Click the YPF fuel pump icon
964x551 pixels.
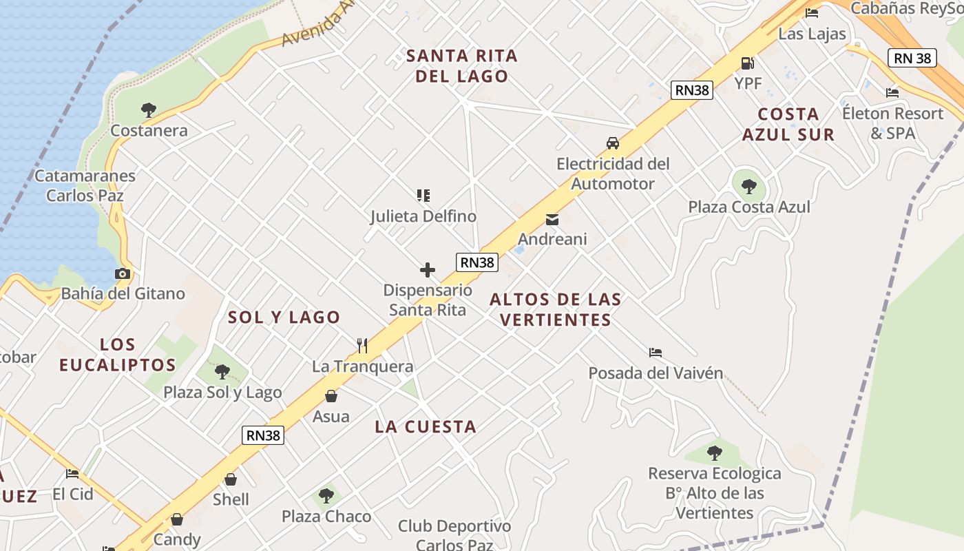pos(747,63)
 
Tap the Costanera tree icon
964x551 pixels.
pos(148,110)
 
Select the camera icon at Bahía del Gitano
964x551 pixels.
pos(123,273)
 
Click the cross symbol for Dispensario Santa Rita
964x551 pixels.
pos(428,269)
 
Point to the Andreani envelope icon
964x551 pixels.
pos(552,220)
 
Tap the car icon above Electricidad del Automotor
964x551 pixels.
pos(612,143)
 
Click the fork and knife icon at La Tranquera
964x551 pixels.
pos(362,345)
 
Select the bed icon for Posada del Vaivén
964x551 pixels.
pos(656,353)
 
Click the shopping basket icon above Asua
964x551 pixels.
pos(331,396)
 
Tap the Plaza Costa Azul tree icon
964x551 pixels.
pos(749,186)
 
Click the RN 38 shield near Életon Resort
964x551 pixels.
pos(912,58)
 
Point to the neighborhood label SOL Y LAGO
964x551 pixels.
pos(284,318)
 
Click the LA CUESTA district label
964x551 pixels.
pos(426,427)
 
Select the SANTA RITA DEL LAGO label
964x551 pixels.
pos(461,65)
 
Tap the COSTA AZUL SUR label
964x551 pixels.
pos(788,124)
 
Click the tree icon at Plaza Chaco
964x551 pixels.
pos(326,496)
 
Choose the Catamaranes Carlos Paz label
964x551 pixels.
pos(85,185)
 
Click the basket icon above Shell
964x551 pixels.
pos(231,479)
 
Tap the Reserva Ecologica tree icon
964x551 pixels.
pos(714,453)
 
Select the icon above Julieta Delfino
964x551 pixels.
pos(423,196)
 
